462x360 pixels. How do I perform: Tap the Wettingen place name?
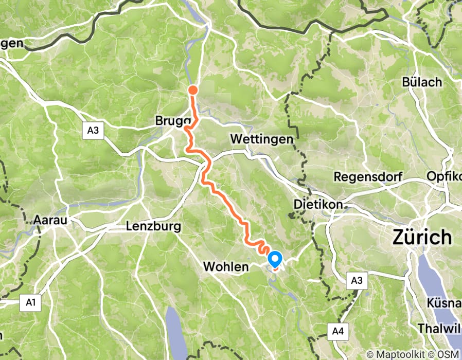click(262, 139)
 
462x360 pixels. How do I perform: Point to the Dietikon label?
click(318, 204)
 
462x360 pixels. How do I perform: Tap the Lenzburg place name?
click(153, 226)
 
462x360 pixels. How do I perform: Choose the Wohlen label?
click(226, 267)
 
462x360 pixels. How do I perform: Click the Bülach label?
click(422, 82)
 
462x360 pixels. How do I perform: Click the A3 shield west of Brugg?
click(93, 130)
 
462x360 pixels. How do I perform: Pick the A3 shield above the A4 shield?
click(358, 281)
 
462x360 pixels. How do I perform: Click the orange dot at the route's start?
click(193, 91)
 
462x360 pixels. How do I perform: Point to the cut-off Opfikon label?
click(444, 176)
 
